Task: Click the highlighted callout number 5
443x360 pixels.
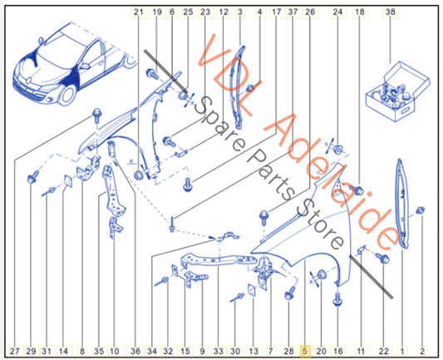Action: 304,351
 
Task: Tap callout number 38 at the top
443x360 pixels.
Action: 390,12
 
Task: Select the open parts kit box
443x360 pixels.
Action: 397,91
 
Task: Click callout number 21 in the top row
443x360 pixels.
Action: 139,12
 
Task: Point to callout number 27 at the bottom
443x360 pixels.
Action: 15,351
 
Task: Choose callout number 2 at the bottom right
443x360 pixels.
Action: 422,351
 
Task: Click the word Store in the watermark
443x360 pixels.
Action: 321,228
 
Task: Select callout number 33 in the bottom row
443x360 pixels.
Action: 218,351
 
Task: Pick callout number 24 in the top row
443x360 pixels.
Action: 337,12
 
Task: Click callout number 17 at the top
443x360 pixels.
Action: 276,12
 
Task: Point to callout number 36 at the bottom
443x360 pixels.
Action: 135,351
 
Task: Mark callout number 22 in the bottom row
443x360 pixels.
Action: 383,351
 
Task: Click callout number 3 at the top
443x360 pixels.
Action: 240,12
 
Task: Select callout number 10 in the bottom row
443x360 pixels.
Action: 114,351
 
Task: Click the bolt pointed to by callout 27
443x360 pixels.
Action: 96,115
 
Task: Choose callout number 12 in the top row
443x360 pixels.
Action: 224,12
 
